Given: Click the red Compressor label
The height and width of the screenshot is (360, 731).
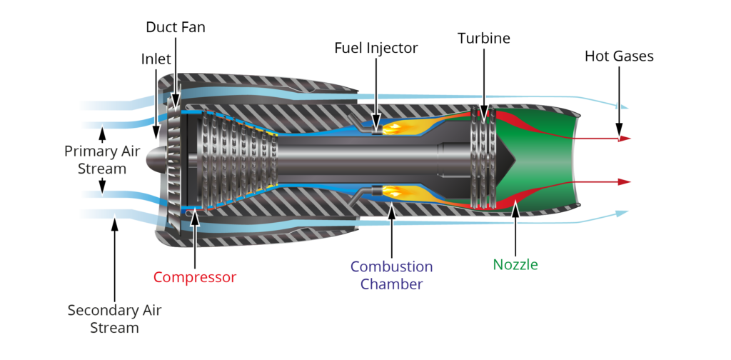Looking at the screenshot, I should point(194,276).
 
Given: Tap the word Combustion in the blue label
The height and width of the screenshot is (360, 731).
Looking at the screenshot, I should point(391,267).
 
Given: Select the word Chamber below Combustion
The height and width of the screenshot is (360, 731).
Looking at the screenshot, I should point(391,284).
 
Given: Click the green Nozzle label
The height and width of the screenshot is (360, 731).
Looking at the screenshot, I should point(515,265).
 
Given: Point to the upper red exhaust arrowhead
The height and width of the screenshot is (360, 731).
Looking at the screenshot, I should point(625,139).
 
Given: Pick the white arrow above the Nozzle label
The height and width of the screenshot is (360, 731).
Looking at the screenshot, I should point(515,229).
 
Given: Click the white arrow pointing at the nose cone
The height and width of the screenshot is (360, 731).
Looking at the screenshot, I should point(156,107).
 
